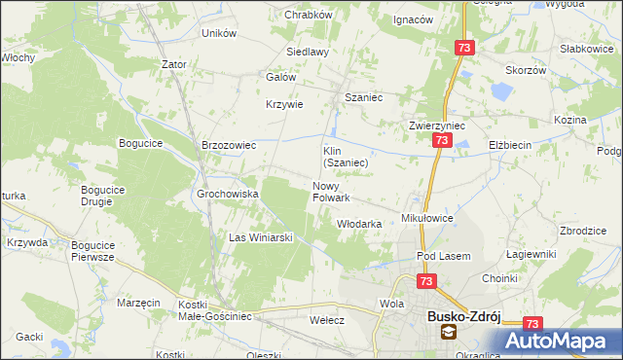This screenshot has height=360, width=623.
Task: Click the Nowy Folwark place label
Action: [x=331, y=192]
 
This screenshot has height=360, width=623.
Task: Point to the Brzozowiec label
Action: [x=228, y=145]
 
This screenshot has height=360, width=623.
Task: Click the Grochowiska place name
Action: [x=228, y=194]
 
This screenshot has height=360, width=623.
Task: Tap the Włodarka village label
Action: [x=358, y=224]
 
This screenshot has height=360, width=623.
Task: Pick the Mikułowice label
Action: [x=428, y=219]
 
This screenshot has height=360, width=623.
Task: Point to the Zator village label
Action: [x=174, y=64]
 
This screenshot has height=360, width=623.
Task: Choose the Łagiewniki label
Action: [x=531, y=254]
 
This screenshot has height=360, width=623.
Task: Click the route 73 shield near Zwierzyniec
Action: [x=442, y=142]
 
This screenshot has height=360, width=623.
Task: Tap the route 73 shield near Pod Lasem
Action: [x=426, y=281]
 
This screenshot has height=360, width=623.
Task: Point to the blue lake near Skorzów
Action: [x=500, y=93]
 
